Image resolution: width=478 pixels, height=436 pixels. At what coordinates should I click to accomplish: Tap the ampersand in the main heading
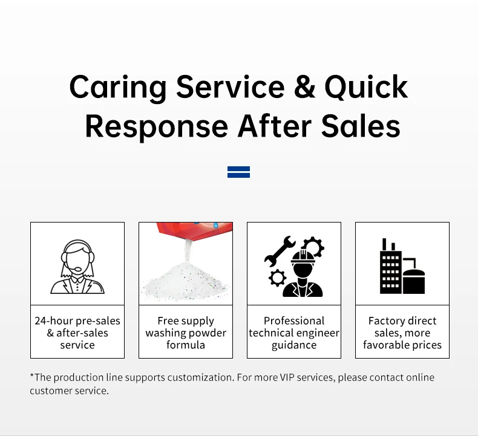click(x=304, y=88)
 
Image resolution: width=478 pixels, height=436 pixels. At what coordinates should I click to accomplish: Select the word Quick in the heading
click(x=366, y=88)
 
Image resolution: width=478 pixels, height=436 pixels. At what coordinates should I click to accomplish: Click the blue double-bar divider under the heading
click(x=238, y=172)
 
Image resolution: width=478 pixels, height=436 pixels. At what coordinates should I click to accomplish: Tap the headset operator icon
click(x=77, y=266)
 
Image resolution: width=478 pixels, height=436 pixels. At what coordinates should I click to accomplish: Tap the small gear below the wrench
click(x=277, y=278)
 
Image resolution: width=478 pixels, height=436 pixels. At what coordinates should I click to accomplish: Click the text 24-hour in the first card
click(x=54, y=321)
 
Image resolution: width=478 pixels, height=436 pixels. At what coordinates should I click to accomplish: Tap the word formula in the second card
click(x=186, y=345)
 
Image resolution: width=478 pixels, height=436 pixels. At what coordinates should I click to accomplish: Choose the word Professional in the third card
click(x=294, y=321)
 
